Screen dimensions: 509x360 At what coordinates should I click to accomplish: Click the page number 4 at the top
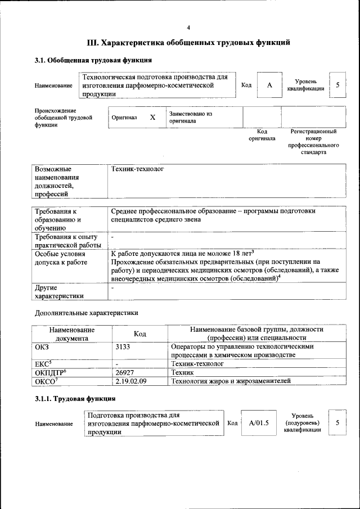coord(188,28)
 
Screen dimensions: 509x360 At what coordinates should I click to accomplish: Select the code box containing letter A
coord(269,85)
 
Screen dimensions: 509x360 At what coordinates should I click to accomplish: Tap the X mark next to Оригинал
coord(152,118)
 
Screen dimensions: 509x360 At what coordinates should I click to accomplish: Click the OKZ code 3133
coord(123,347)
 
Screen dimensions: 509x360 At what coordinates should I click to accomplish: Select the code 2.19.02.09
coord(130,381)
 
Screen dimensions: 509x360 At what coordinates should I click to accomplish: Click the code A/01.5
coord(259,422)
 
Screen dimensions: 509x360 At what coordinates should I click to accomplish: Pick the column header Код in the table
coord(140,334)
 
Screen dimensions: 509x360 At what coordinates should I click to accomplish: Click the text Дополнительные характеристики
coord(86,313)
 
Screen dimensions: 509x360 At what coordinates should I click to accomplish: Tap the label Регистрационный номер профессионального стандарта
coord(313,142)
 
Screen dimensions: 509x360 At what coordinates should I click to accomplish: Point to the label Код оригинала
coord(262,135)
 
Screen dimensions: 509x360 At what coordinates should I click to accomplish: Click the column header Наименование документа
coord(71,334)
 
